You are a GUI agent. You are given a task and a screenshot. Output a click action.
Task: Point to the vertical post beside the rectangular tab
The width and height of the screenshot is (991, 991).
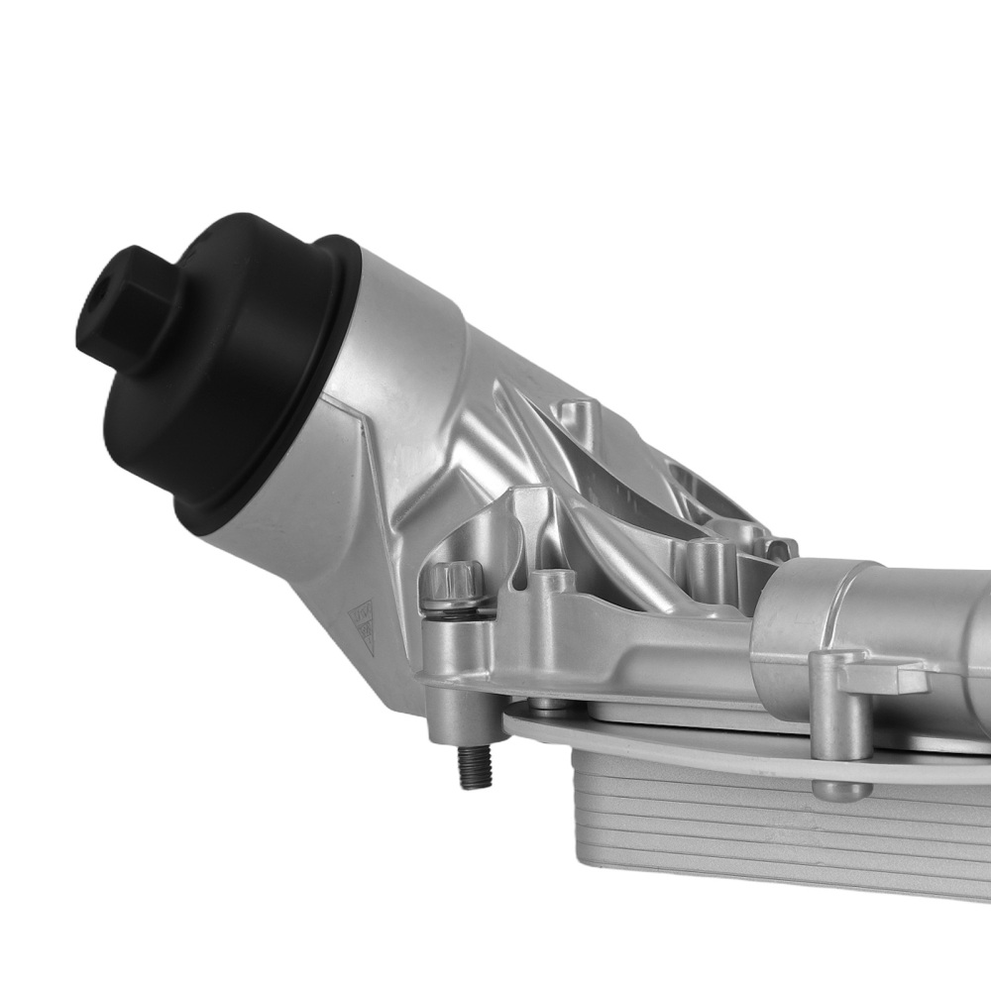(x=828, y=704)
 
